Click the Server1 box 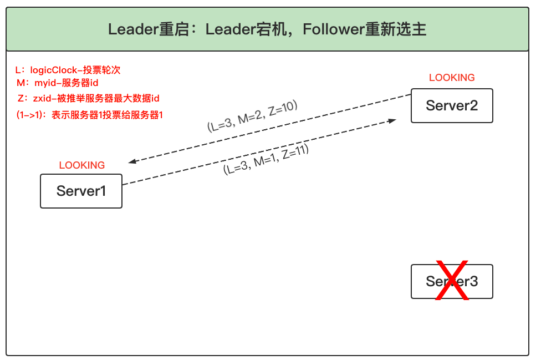coord(81,191)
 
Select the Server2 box coord(452,105)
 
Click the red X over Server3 coord(452,280)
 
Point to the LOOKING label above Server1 coord(81,165)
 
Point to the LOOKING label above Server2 coord(452,78)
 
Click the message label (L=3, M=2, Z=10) coord(252,116)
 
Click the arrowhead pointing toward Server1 coord(132,162)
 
